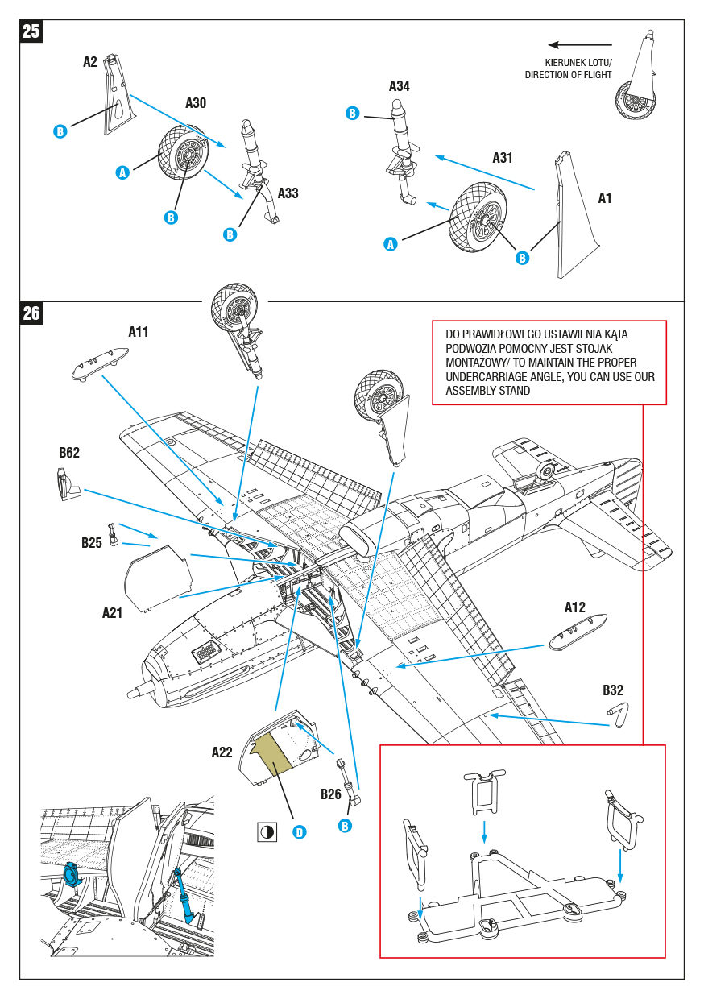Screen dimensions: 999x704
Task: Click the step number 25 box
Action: coord(31,32)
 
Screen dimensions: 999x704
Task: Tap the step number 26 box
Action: coord(31,313)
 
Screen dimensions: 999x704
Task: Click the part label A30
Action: coord(196,103)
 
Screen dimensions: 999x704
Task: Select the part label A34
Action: coord(400,86)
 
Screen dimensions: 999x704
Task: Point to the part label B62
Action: coord(69,453)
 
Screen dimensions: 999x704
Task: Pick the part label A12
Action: coord(574,607)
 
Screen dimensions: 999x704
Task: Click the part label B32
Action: coord(613,690)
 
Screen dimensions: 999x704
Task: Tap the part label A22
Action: coord(222,752)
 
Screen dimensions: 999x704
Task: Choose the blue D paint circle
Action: coord(300,832)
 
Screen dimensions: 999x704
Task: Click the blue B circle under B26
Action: coord(345,826)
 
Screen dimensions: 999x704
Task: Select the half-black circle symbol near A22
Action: coord(267,832)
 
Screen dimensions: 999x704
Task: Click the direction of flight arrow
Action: coord(579,45)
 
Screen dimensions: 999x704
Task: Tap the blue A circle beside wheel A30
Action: coord(122,172)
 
